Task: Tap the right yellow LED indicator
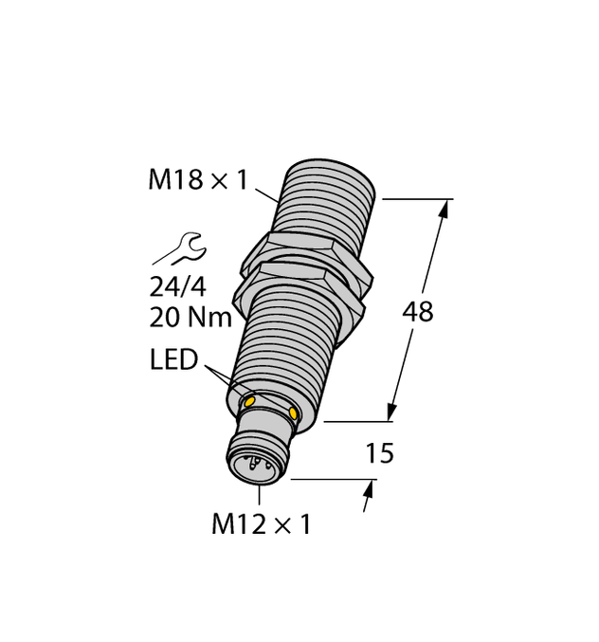(294, 413)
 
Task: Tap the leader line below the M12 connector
(259, 494)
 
